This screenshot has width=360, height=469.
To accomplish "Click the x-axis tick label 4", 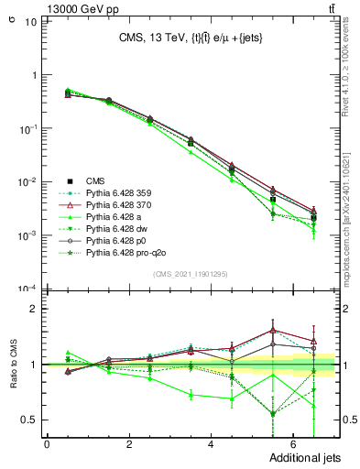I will pos(211,444).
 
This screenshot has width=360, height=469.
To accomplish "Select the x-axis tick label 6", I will pos(292,444).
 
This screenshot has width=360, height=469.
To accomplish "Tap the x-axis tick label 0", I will pos(47,444).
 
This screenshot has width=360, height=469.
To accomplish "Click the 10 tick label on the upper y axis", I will pos(30,22).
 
